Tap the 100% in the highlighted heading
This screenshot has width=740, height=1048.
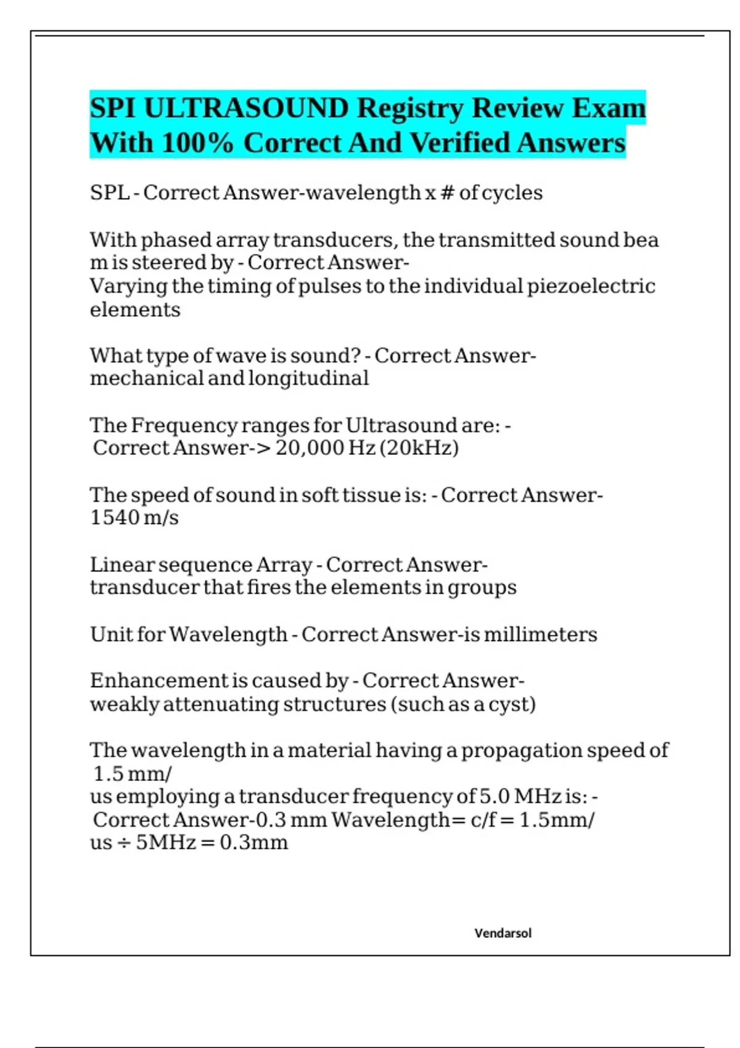(198, 143)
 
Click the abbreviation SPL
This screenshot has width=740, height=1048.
(110, 193)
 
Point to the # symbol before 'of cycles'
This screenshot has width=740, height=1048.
(447, 193)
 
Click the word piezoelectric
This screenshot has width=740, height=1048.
(591, 287)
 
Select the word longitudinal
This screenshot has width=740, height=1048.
(308, 378)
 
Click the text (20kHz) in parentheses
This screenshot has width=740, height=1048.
(419, 448)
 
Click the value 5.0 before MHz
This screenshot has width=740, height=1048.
(495, 796)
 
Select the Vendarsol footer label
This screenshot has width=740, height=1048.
(503, 933)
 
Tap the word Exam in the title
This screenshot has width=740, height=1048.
(608, 108)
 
